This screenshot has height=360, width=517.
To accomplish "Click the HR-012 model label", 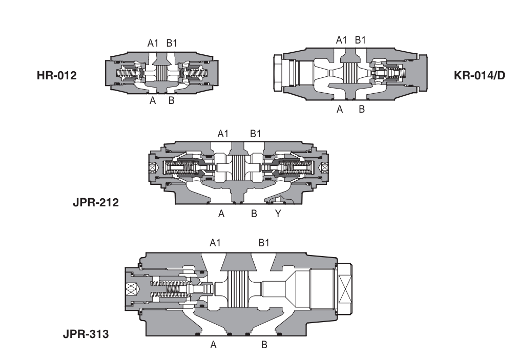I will [x=56, y=76].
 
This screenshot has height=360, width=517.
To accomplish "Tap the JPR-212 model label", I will [x=95, y=202].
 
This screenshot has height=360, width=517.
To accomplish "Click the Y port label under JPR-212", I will [x=278, y=215].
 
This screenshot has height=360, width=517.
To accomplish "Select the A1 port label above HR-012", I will [x=153, y=44].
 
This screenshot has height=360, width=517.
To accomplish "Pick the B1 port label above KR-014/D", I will [x=361, y=39].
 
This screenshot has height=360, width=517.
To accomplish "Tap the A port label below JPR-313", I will [x=214, y=345].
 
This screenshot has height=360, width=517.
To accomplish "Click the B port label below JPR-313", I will [x=264, y=345].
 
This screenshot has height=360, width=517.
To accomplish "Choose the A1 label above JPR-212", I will [x=223, y=134].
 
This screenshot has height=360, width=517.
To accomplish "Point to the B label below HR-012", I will [x=172, y=101].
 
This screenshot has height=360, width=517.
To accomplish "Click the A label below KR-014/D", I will [x=339, y=109].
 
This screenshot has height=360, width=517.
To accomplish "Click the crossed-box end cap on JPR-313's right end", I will [x=343, y=289].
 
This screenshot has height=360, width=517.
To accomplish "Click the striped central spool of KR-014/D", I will [x=350, y=74].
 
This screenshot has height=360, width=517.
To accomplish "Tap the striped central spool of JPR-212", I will [x=239, y=167].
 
